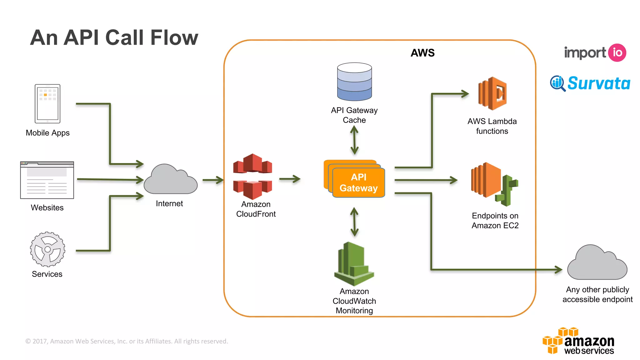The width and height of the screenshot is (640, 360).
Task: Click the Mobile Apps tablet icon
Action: [x=47, y=103]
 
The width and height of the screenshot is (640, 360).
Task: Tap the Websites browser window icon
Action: [x=47, y=180]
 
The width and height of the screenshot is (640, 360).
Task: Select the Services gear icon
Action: [x=47, y=249]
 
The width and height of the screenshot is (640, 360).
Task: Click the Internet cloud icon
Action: [x=170, y=181]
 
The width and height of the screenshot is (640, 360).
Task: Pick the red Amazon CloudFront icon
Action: [x=252, y=177]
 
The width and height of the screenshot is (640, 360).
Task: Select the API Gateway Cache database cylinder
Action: [x=354, y=82]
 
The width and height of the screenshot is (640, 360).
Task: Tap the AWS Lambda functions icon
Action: [x=492, y=93]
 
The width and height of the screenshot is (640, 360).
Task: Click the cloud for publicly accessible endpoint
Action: [x=597, y=264]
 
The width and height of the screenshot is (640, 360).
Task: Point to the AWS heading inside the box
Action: [x=422, y=53]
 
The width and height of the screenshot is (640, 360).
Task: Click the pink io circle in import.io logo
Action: [x=617, y=52]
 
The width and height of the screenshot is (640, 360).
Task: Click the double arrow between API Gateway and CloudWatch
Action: [x=354, y=222]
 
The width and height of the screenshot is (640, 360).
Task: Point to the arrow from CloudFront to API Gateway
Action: [x=290, y=179]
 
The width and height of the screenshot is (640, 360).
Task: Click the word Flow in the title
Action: [x=174, y=38]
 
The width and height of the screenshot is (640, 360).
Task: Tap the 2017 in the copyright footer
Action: [x=40, y=341]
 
